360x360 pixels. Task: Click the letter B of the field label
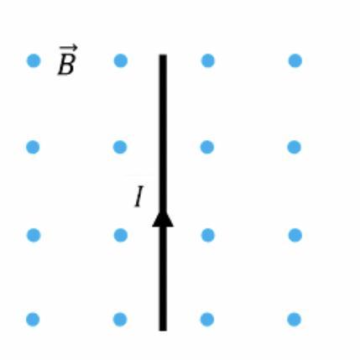click(66, 65)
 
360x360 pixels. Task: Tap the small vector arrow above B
click(68, 48)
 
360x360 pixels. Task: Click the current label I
click(139, 196)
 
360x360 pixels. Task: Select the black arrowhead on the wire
click(163, 218)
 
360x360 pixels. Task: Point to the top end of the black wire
click(163, 55)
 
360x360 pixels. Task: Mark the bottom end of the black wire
click(163, 331)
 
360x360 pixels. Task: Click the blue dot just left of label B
click(34, 60)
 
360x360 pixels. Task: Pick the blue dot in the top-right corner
click(295, 60)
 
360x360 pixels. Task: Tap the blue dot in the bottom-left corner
click(33, 320)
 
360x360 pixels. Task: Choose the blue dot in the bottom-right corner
click(294, 320)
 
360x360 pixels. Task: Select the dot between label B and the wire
click(121, 60)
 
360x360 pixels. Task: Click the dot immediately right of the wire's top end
click(208, 60)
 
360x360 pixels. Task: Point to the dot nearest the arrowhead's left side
click(121, 235)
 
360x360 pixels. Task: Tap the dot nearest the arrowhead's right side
click(208, 235)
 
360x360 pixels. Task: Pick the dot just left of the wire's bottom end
click(120, 320)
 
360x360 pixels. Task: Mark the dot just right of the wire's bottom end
click(207, 320)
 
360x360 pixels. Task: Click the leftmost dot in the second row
click(33, 147)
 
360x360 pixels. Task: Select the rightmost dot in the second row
click(294, 147)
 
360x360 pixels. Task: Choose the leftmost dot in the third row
click(34, 235)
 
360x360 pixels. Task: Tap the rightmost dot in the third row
click(295, 235)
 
